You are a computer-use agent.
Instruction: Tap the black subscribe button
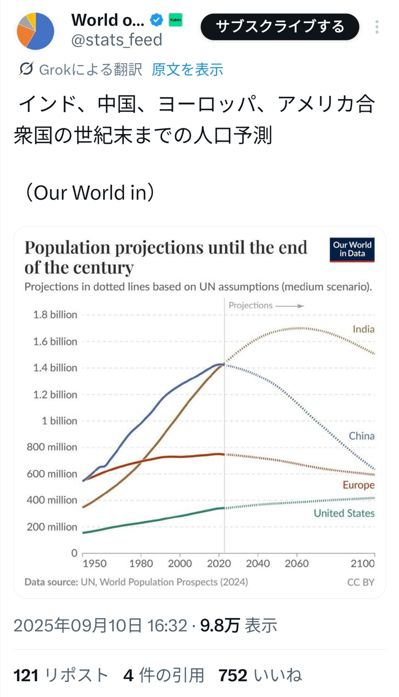(280, 27)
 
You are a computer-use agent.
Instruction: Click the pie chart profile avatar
(35, 31)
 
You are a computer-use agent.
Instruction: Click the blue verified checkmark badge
(157, 20)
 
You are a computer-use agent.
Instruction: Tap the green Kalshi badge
(175, 20)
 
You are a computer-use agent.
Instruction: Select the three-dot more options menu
(377, 27)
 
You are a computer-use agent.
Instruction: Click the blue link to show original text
(187, 69)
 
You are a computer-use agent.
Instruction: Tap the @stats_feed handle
(117, 40)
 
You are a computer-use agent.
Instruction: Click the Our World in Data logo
(352, 250)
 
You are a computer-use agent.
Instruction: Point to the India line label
(363, 329)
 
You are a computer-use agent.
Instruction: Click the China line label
(361, 436)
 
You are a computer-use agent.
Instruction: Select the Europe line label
(359, 485)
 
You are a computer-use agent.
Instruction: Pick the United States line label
(344, 513)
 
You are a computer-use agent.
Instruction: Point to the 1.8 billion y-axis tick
(55, 315)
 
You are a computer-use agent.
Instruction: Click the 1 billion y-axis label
(59, 421)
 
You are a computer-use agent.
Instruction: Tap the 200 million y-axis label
(52, 527)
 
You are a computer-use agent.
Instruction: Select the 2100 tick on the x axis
(362, 563)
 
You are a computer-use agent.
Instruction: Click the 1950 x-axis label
(94, 563)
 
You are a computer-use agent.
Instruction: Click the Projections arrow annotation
(266, 305)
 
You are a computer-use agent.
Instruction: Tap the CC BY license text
(360, 582)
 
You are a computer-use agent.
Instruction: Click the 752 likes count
(233, 675)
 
